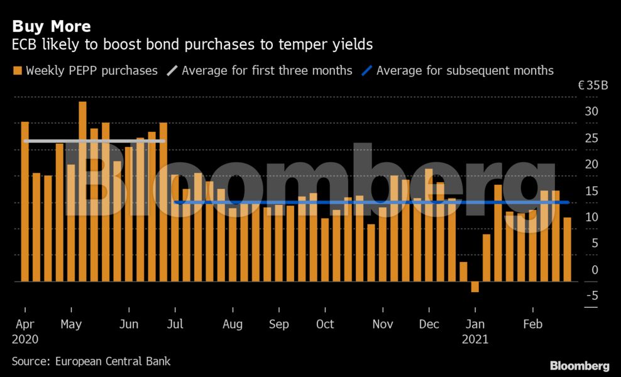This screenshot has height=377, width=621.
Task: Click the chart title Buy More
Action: (x=52, y=26)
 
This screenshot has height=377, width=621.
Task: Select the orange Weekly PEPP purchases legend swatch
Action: (x=17, y=70)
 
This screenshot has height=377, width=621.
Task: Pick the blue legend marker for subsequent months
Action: (x=367, y=70)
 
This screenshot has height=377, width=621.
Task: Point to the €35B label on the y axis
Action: (x=593, y=85)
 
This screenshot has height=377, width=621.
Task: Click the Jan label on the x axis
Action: (x=475, y=325)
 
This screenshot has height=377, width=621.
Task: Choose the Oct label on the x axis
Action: (x=325, y=325)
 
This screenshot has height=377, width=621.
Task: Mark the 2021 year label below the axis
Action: (x=475, y=339)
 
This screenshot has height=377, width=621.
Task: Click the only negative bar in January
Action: (x=475, y=287)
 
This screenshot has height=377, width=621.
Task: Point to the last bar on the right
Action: (x=567, y=249)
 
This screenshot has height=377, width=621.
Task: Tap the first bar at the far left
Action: (x=25, y=201)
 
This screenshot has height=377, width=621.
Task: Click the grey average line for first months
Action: (x=94, y=141)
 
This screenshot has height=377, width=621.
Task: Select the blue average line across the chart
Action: (x=371, y=202)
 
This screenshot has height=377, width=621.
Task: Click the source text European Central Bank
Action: (x=113, y=361)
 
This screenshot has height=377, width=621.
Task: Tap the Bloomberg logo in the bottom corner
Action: (x=580, y=365)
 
